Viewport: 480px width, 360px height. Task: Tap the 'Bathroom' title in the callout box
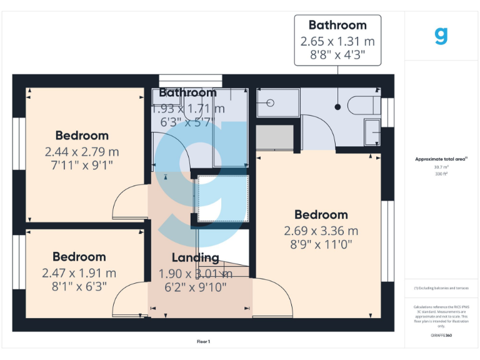337,26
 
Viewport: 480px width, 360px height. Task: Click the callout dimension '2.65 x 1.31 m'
337,41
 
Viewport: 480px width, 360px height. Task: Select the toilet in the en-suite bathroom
362,104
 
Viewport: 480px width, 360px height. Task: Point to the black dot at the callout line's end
338,107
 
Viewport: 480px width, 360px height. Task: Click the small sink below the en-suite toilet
372,132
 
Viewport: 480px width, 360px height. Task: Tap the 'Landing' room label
196,257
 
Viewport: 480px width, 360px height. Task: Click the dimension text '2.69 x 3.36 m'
321,231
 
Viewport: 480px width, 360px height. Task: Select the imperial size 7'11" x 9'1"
82,165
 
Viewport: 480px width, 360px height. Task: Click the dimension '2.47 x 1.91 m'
79,273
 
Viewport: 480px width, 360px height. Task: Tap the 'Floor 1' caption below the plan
203,342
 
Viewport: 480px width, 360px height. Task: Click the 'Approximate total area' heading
441,159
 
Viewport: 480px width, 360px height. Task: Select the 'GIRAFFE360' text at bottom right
441,336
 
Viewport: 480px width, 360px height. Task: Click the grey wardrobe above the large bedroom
275,137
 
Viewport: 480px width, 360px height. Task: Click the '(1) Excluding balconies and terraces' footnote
441,288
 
